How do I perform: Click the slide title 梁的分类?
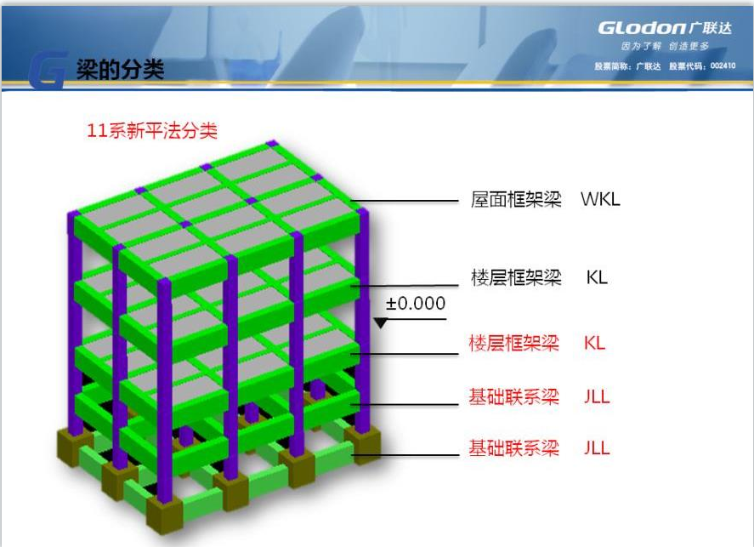120,70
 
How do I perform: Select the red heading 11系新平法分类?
152,131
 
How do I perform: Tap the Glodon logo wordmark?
642,28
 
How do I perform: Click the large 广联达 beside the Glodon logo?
711,28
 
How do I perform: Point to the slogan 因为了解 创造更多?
665,46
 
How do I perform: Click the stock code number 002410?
723,66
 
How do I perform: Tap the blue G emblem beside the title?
47,71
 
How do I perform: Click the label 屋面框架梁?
516,199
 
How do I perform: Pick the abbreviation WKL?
601,199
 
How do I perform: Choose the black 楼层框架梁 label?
516,277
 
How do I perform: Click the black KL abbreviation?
597,277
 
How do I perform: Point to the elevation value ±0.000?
416,303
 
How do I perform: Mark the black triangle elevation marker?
380,323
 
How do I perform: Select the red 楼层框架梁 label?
513,343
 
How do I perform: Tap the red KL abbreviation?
594,343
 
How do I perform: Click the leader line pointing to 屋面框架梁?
405,201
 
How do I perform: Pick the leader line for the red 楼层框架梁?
405,354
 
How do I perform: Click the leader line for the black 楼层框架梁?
405,286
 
